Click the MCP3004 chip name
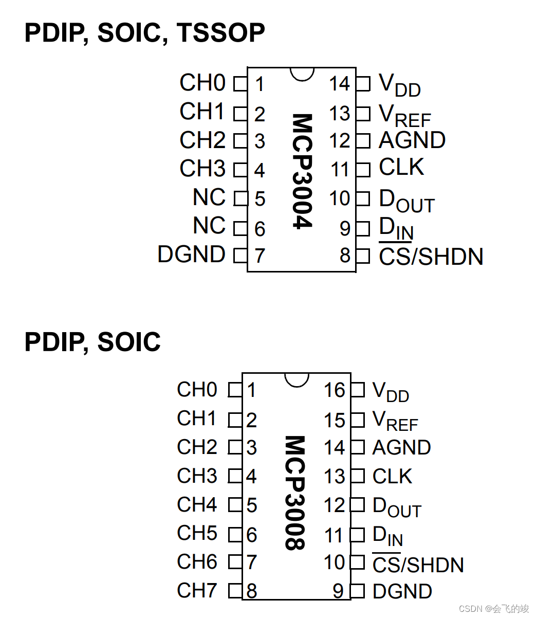click(x=302, y=171)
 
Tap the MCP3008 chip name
click(x=295, y=493)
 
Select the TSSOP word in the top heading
click(x=221, y=33)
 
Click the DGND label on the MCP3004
click(x=191, y=255)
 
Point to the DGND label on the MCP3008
click(x=402, y=591)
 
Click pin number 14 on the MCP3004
click(x=339, y=84)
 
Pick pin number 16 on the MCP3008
click(x=334, y=390)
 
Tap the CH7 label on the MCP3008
click(x=197, y=590)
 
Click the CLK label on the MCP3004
click(x=401, y=168)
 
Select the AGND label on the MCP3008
click(x=401, y=447)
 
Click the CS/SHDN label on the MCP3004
click(x=431, y=257)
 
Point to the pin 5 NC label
click(x=209, y=197)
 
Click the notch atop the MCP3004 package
click(x=302, y=74)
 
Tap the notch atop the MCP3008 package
click(x=297, y=379)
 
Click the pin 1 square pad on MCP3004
click(x=240, y=84)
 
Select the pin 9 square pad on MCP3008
click(x=358, y=591)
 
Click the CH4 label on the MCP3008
click(x=197, y=504)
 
